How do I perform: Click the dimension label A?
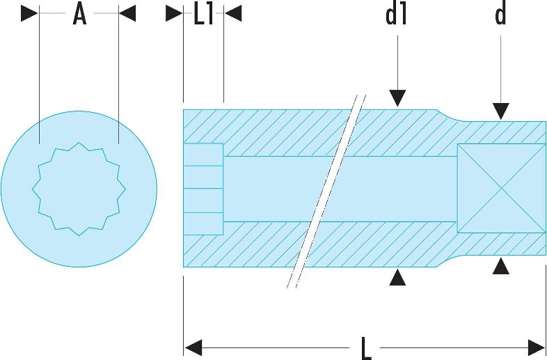point(79,15)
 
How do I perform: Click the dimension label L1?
point(203,15)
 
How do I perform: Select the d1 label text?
point(396,15)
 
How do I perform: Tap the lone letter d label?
point(500,15)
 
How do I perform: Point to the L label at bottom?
point(365,348)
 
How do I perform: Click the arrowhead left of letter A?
point(29,13)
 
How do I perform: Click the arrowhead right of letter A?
point(127,13)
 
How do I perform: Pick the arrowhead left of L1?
point(174,13)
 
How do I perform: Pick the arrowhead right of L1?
point(233,13)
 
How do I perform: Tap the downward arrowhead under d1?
point(397,98)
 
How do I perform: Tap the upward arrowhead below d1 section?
point(397,278)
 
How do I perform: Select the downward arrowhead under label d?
point(500,111)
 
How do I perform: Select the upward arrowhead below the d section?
point(500,266)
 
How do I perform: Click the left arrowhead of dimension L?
point(193,347)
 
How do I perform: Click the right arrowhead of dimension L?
point(537,347)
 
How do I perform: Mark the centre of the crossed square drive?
point(501,189)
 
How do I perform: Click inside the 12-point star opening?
point(79,189)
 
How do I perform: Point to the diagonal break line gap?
point(326,191)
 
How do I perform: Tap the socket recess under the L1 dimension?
point(203,189)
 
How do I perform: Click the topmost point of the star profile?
point(79,143)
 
